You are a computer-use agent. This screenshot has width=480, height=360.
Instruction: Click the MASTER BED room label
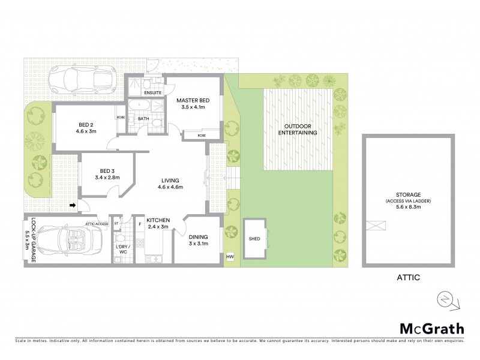coord(193,100)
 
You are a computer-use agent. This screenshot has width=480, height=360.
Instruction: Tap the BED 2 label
coord(87,125)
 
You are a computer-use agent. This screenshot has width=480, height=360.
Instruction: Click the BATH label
coord(143,118)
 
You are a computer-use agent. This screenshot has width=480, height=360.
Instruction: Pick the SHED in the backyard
coord(254,238)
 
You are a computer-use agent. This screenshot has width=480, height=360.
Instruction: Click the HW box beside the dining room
coord(230,257)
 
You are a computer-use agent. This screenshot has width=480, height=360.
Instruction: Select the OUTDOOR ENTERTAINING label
coord(297,130)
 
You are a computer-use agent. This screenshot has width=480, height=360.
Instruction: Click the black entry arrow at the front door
coord(73,206)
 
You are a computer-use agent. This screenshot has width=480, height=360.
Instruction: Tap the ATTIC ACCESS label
coord(97,223)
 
